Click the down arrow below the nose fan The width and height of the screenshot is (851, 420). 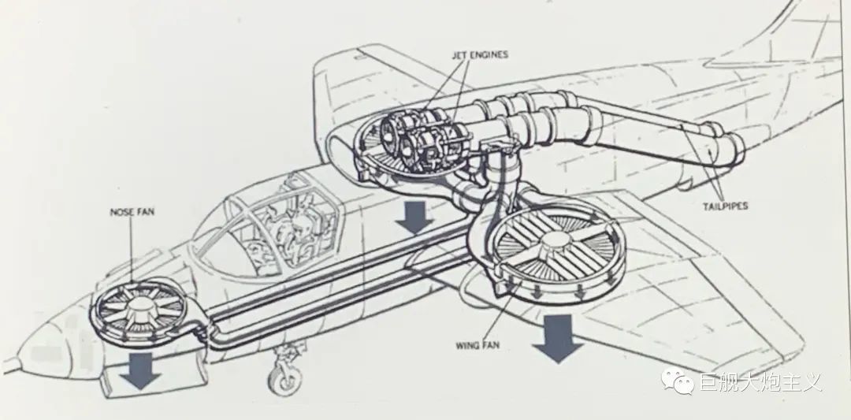[x=139, y=370]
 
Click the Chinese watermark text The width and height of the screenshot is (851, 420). [x=760, y=382]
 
